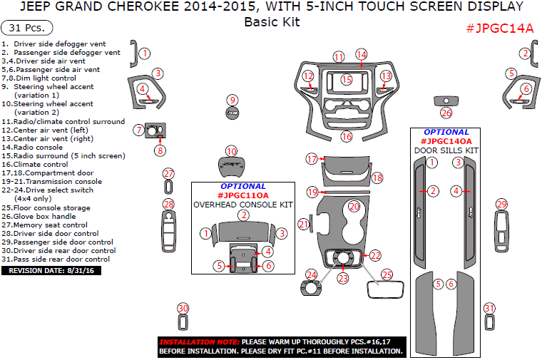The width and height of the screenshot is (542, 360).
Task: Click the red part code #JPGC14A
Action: (499, 29)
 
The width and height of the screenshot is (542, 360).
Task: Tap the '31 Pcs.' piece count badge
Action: (27, 28)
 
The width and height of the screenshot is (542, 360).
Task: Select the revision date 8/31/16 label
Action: (53, 270)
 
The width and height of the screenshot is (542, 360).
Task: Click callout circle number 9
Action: (232, 100)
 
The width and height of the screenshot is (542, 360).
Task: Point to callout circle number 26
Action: (446, 113)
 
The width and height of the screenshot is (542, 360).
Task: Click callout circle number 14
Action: (362, 54)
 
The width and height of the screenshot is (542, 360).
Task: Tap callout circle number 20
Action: (354, 206)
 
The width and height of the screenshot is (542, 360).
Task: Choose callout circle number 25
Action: (387, 274)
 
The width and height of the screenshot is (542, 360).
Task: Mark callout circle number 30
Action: (183, 308)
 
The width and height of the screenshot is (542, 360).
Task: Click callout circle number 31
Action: (489, 308)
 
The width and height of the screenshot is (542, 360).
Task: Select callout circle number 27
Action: (168, 174)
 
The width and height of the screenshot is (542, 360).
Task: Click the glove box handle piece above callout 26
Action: (446, 101)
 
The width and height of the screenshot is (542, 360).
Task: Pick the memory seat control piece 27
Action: (168, 187)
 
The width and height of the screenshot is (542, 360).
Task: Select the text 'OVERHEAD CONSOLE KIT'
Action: (244, 205)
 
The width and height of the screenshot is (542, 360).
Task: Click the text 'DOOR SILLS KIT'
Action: (446, 150)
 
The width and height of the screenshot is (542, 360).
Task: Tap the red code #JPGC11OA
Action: (243, 195)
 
